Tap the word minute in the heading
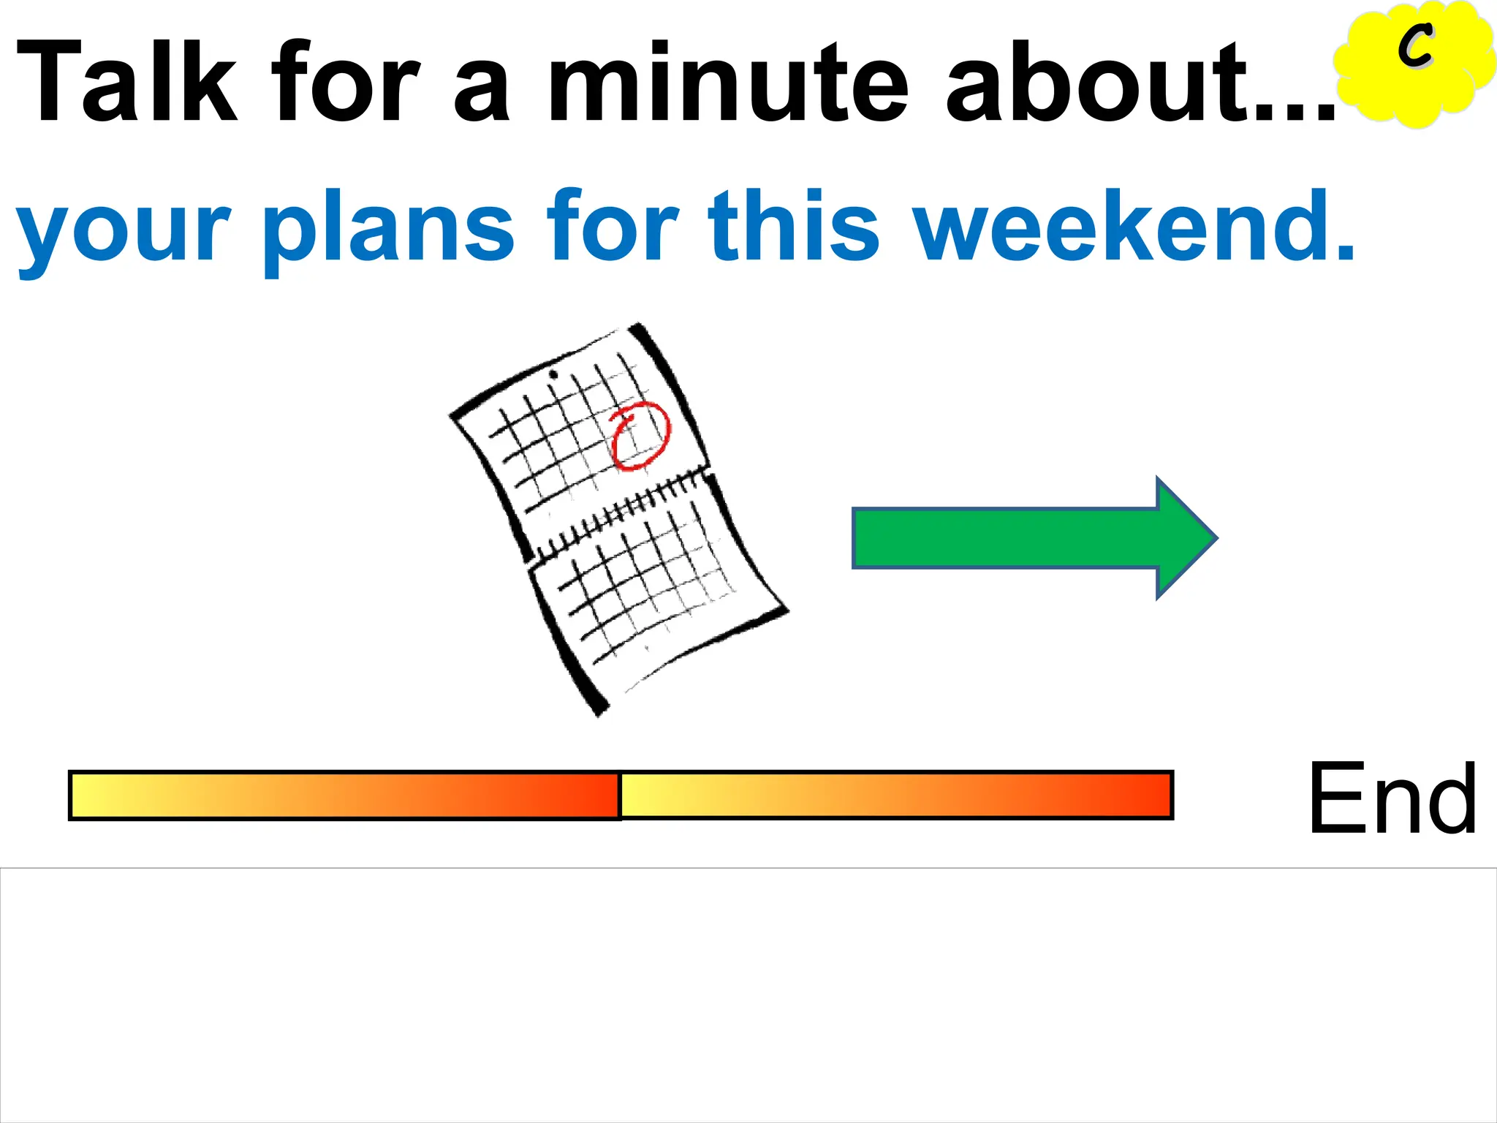(x=729, y=82)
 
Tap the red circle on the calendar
(x=640, y=436)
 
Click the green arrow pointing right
(x=1023, y=538)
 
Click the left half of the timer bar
(x=344, y=795)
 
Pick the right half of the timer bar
(x=896, y=795)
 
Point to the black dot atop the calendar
(x=553, y=375)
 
